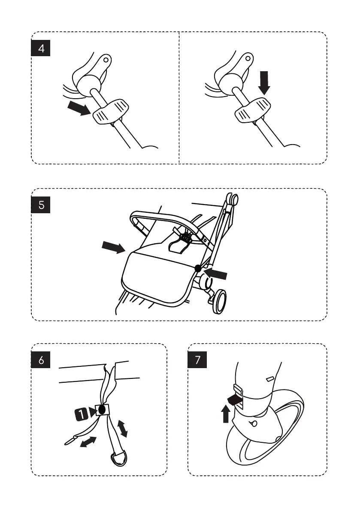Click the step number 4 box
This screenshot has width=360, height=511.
pyautogui.click(x=41, y=48)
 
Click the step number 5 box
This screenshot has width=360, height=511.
pyautogui.click(x=41, y=205)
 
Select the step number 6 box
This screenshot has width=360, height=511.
pyautogui.click(x=41, y=360)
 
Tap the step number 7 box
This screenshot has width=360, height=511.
pyautogui.click(x=197, y=360)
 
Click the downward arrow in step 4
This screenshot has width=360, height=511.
pyautogui.click(x=264, y=83)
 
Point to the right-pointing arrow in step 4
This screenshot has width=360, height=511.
pyautogui.click(x=79, y=108)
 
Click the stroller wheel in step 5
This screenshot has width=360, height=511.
pyautogui.click(x=219, y=302)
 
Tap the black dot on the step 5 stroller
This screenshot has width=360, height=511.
pyautogui.click(x=198, y=268)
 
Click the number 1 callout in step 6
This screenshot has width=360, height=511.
pyautogui.click(x=81, y=414)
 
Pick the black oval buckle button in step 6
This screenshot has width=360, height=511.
pyautogui.click(x=102, y=410)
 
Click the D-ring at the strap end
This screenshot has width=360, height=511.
pyautogui.click(x=118, y=458)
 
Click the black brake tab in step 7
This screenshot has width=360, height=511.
pyautogui.click(x=235, y=399)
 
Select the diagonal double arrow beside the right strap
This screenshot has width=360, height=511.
pyautogui.click(x=122, y=428)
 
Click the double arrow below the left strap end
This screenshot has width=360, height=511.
pyautogui.click(x=88, y=442)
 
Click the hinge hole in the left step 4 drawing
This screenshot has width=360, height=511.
pyautogui.click(x=106, y=60)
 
